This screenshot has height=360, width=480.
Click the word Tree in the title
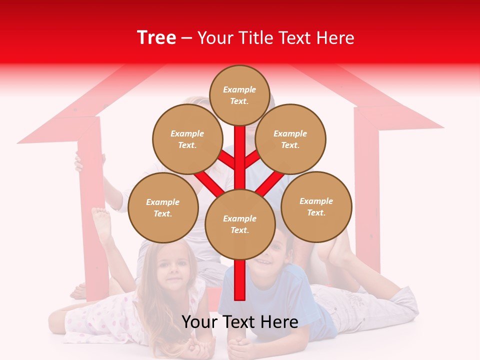click(156, 37)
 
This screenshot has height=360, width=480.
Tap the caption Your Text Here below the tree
click(240, 322)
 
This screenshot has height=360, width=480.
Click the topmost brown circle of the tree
click(239, 95)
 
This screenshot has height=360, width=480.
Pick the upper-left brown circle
click(187, 139)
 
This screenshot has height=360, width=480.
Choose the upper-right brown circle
click(290, 139)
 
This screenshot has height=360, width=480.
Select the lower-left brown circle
click(163, 207)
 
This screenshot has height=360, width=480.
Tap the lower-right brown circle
click(316, 206)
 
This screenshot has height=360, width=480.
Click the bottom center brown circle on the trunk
click(240, 224)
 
